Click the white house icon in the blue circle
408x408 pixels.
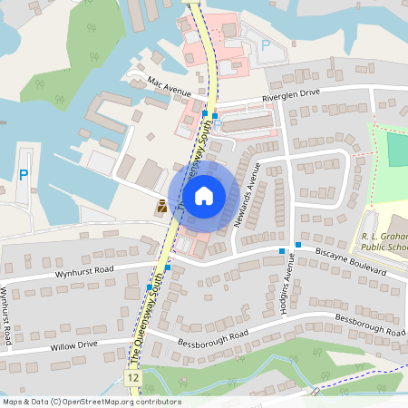tap(204, 194)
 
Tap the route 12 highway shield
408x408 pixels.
tap(133, 375)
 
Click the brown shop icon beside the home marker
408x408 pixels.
tap(161, 206)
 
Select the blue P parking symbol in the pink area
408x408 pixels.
tap(266, 44)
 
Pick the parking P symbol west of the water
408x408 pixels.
tap(24, 174)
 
